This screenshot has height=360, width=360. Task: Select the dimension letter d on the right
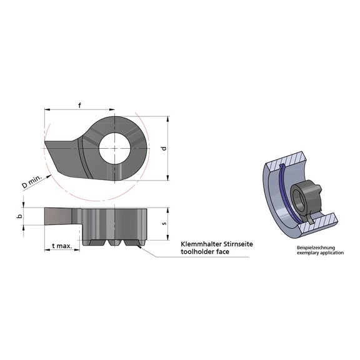point(164,149)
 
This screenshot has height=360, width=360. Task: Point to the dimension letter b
point(19,216)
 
